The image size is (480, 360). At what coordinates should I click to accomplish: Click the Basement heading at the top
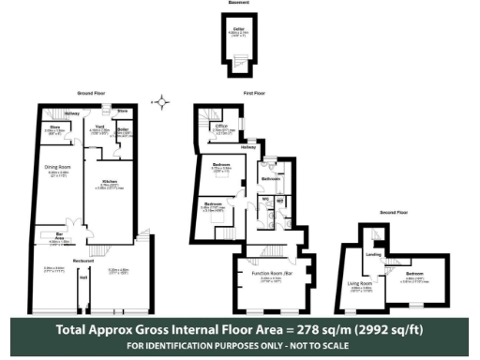238,4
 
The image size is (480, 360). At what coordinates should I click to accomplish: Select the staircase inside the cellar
240,62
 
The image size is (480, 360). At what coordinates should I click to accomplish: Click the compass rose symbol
162,101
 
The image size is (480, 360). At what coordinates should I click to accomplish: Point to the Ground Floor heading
92,93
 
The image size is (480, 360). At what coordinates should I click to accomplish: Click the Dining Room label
58,167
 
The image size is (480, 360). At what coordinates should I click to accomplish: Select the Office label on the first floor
222,125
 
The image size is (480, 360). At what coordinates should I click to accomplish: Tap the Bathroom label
272,178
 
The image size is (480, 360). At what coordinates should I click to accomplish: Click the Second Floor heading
395,212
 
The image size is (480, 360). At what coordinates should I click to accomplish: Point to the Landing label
372,253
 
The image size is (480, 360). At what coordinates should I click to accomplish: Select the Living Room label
361,282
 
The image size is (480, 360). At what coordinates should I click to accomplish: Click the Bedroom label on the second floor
414,273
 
